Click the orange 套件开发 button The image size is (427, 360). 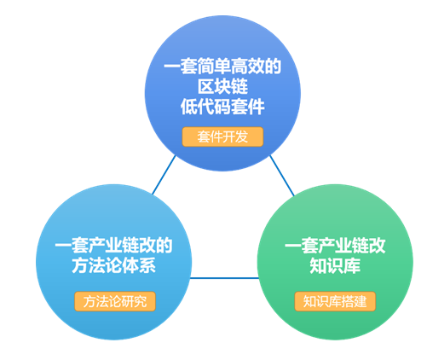coord(222,136)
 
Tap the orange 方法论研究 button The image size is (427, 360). coord(115,301)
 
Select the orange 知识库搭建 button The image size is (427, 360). coord(335,301)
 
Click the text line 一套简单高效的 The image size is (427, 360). coord(222,67)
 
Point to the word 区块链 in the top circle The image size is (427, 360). coord(222,86)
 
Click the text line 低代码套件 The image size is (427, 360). coord(222,107)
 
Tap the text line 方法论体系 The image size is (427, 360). coord(113,265)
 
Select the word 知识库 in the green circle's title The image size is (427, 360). coord(335,265)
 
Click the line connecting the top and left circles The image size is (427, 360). coord(164,175)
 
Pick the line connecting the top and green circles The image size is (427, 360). coord(282,176)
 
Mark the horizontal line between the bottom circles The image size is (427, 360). coord(224,278)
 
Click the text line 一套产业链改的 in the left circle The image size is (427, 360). coord(113,245)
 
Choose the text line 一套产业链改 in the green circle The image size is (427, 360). coord(335,245)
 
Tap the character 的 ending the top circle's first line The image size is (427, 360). coord(273,67)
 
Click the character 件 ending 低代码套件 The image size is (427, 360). coord(257,107)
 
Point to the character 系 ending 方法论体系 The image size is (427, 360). coord(147,265)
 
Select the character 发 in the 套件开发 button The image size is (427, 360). coord(241,136)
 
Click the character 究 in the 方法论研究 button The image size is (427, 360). coord(141,301)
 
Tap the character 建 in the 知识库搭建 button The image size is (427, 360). coord(361,301)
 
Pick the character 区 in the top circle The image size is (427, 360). coord(205,86)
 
